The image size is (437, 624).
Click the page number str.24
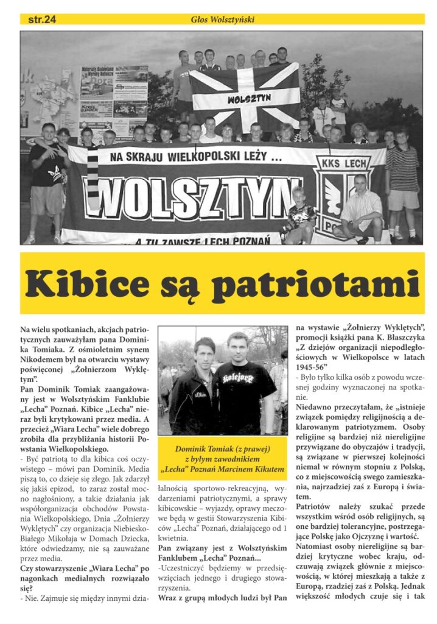pyautogui.click(x=42, y=19)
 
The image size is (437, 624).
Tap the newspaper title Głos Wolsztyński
pyautogui.click(x=223, y=19)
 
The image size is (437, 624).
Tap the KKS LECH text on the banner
pyautogui.click(x=349, y=163)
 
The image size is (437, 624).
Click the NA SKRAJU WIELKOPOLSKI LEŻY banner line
pyautogui.click(x=193, y=157)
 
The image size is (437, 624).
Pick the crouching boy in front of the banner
pyautogui.click(x=299, y=215)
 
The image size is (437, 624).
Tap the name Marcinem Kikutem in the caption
pyautogui.click(x=253, y=469)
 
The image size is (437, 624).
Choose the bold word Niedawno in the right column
pyautogui.click(x=317, y=406)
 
